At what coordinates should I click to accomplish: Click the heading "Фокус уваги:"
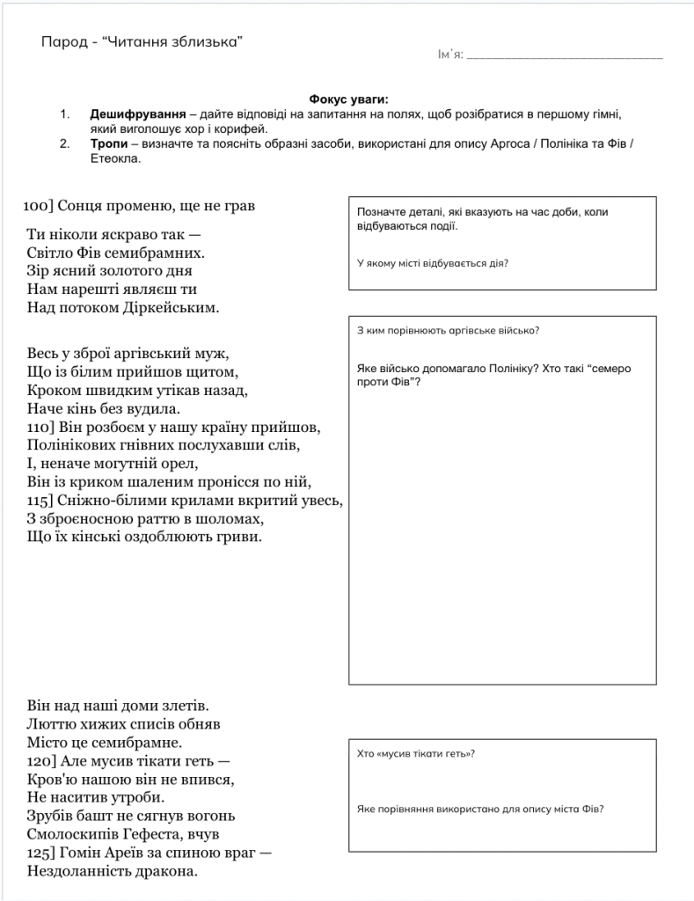pos(348,100)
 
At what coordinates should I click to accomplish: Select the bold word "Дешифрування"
pos(137,114)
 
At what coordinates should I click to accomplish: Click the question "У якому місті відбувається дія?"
pos(433,263)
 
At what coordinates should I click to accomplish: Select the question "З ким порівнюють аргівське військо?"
pos(448,331)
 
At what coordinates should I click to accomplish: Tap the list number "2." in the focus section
pos(65,143)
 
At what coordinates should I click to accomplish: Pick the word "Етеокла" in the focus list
pos(115,158)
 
